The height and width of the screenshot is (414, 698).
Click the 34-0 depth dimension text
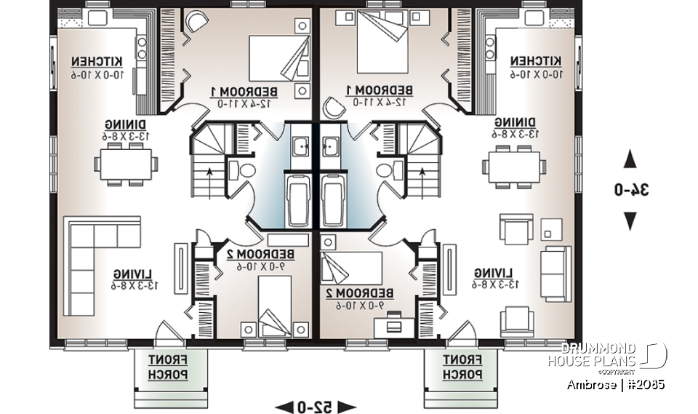pyautogui.click(x=630, y=190)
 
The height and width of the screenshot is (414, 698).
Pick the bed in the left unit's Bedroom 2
pyautogui.click(x=276, y=306)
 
